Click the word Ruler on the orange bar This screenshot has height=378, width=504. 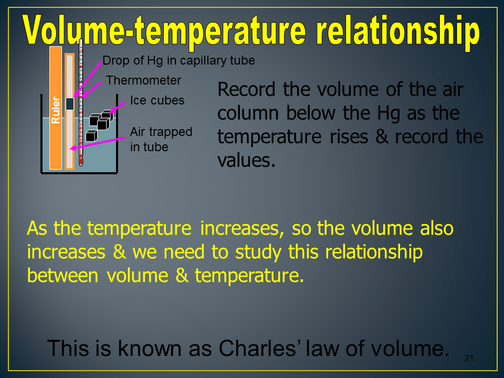point(56,110)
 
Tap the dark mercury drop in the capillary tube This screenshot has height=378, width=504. point(70,103)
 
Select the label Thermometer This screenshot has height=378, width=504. point(143,80)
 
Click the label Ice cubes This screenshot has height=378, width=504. point(157,100)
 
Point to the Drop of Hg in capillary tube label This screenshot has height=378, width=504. point(178,60)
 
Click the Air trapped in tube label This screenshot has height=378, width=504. point(161,139)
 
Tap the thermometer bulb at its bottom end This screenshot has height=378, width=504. point(81,161)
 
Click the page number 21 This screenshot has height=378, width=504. point(469,358)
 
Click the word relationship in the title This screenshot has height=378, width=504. point(398,31)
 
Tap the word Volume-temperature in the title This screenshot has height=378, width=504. point(164,31)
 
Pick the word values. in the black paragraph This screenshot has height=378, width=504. point(247,160)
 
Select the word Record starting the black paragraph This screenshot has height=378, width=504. point(247,89)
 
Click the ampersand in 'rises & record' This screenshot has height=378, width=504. point(382,136)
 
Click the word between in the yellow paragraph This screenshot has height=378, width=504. point(62,276)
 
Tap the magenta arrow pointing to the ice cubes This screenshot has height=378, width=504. point(118,107)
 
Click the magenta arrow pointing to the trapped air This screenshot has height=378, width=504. point(98,143)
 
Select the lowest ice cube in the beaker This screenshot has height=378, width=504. point(91,136)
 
